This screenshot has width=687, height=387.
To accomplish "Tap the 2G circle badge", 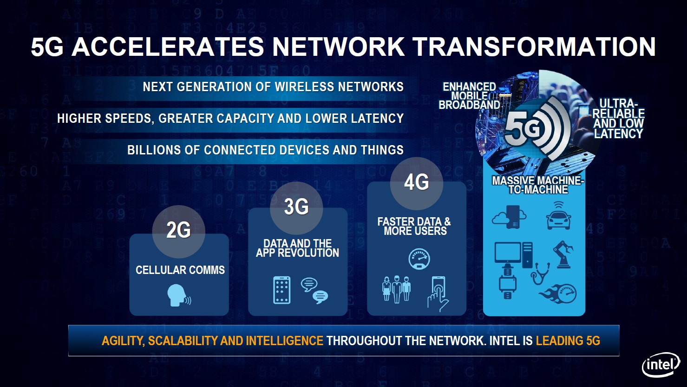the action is pyautogui.click(x=178, y=232).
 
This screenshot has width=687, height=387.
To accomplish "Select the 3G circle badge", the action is pyautogui.click(x=296, y=208).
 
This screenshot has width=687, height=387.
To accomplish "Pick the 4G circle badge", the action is pyautogui.click(x=417, y=183).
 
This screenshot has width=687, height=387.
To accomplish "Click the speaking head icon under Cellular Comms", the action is pyautogui.click(x=179, y=295).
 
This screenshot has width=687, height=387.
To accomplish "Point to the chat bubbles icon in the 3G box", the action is pyautogui.click(x=314, y=291).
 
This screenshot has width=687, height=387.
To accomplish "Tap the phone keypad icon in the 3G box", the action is pyautogui.click(x=281, y=290).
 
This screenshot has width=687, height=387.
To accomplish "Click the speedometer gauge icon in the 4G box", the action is pyautogui.click(x=419, y=259).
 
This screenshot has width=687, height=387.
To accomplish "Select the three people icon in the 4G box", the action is pyautogui.click(x=396, y=289).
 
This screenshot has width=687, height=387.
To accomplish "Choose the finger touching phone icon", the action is pyautogui.click(x=438, y=294).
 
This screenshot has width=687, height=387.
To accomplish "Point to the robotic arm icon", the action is pyautogui.click(x=563, y=254).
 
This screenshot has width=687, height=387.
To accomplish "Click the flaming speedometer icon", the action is pyautogui.click(x=558, y=294).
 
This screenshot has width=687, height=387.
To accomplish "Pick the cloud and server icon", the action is pyautogui.click(x=509, y=217).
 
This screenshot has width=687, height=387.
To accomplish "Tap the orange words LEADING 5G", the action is pyautogui.click(x=568, y=341).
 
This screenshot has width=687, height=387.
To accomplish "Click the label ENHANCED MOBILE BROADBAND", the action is pyautogui.click(x=469, y=96).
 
